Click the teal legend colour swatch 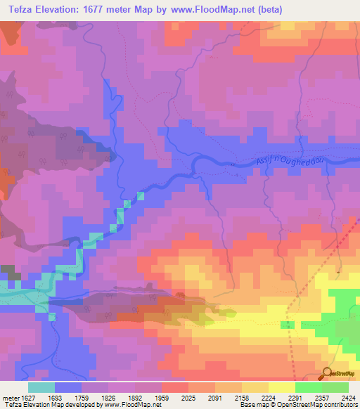pyautogui.click(x=41, y=387)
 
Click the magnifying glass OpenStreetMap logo pyautogui.click(x=327, y=372)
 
